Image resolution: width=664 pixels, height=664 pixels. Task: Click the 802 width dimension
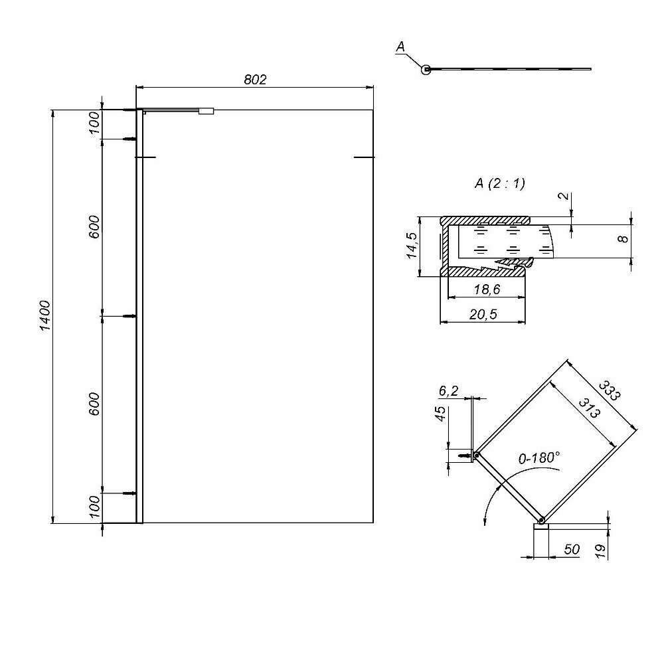click(x=255, y=80)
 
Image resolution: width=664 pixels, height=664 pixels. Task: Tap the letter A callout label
click(x=400, y=46)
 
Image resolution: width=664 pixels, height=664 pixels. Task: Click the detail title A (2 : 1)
click(x=499, y=184)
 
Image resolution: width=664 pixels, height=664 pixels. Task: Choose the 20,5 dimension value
click(x=483, y=315)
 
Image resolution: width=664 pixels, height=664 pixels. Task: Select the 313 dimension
click(x=589, y=407)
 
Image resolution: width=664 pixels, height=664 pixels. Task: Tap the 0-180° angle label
click(x=539, y=457)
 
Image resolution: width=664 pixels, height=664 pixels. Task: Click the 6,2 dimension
click(x=449, y=391)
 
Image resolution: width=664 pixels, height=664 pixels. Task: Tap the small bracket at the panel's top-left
click(x=207, y=112)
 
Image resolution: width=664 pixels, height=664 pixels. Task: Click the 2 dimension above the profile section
click(x=563, y=197)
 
